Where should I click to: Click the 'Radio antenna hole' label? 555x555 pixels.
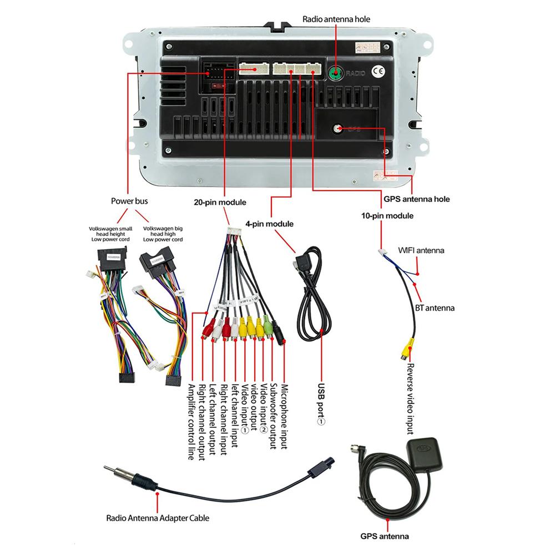336,19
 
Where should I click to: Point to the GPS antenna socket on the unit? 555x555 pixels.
338,128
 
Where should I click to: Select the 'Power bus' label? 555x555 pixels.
129,201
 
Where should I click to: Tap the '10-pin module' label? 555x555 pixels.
387,215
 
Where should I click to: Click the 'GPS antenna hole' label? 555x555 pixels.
417,199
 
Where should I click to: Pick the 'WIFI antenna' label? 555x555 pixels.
421,250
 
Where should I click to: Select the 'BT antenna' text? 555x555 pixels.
435,307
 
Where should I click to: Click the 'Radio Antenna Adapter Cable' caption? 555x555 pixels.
158,518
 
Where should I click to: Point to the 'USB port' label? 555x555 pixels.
320,404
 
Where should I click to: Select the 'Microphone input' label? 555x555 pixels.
284,417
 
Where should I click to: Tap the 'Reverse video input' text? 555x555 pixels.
410,398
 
